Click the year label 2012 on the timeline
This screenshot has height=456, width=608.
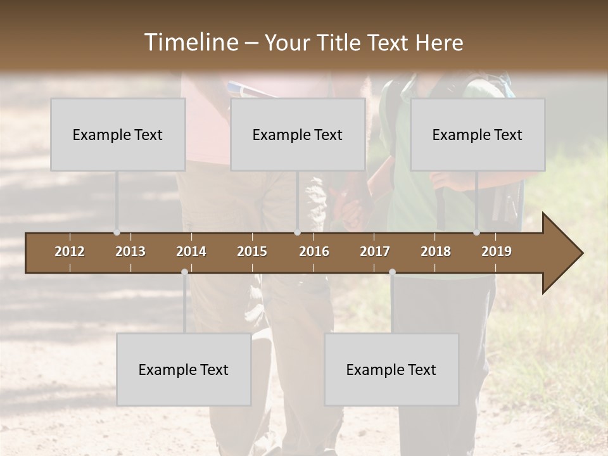[x=70, y=251]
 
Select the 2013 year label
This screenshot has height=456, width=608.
[x=130, y=251]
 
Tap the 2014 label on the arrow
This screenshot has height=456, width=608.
[x=191, y=251]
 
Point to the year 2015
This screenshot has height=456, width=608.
[x=252, y=251]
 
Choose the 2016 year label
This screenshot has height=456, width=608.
[x=314, y=251]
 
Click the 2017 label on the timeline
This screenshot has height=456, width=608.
[x=375, y=251]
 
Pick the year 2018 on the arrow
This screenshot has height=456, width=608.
[x=436, y=251]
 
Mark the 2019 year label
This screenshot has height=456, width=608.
[x=497, y=251]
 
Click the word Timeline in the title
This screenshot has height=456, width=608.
[x=191, y=42]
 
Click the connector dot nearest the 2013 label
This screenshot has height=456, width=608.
[x=117, y=232]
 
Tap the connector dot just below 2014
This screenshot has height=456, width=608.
[x=184, y=272]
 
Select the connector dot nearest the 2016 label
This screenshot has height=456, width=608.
[x=297, y=232]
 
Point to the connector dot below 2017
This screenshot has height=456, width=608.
[x=392, y=272]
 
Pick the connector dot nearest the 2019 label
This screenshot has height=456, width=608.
[x=476, y=232]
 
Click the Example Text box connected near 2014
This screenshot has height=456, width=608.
[x=184, y=369]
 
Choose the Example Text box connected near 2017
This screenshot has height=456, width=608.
[x=391, y=369]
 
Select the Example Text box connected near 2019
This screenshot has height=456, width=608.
[x=478, y=134]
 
